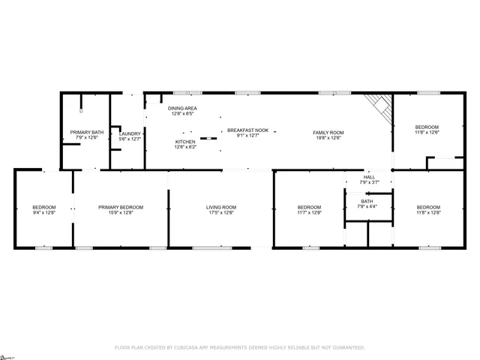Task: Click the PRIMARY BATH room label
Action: coord(87,133)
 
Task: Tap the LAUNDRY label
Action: coord(130,133)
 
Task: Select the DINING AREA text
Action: coord(182,109)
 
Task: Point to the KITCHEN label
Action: coord(185,142)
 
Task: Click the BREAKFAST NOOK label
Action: coord(247,130)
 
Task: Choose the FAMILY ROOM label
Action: coord(328,133)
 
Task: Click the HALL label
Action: coord(369,178)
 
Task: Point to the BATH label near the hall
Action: coord(367,201)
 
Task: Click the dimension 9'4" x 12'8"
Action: coord(43,213)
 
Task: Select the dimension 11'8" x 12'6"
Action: coord(427,133)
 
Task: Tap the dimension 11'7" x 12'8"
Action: coord(309,213)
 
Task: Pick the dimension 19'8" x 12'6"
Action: coord(328,138)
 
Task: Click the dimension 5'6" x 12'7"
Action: coord(130,139)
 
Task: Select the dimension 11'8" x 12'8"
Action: coord(428,213)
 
